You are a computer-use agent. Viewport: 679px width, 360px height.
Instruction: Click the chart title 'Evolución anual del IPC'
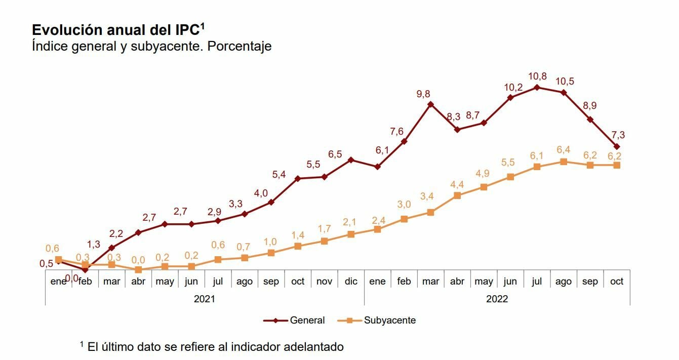coord(117,29)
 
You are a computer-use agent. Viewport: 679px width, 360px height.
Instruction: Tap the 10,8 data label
coord(537,76)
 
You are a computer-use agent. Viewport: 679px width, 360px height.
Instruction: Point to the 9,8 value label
coord(430,94)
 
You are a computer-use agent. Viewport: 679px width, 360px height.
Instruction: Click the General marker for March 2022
coord(430,104)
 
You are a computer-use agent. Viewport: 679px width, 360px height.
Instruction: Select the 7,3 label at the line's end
coord(618,135)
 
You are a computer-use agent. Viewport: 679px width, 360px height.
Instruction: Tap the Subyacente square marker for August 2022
coord(564,162)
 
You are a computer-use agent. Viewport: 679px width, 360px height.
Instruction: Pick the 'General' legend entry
coord(307,321)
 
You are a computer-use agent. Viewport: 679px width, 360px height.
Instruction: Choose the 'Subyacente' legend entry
coord(389,321)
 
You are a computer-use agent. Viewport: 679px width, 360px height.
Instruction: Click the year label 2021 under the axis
coord(204,299)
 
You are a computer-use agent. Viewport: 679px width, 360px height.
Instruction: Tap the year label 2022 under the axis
coord(497,299)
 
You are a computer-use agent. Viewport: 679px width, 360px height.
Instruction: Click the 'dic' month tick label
coord(350,282)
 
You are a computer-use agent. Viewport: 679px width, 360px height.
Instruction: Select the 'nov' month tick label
coord(324,282)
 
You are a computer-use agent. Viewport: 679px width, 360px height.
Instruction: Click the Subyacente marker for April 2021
coord(138,270)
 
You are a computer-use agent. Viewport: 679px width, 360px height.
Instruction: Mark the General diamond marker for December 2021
coord(350,160)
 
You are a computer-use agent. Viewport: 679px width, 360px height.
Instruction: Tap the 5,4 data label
coord(279,175)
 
